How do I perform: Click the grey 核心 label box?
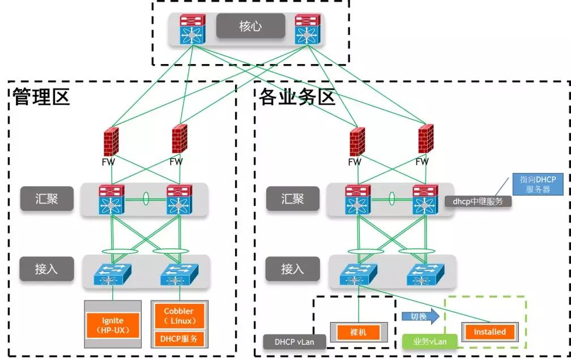coord(250,26)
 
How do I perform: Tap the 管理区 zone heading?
coord(41,97)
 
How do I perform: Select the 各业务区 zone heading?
coord(297,97)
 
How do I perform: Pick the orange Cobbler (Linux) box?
coord(179,316)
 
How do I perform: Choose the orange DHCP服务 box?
coord(179,339)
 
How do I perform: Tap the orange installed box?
coord(489,332)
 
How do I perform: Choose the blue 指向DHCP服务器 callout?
coord(538,185)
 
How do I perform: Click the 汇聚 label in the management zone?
coord(47,199)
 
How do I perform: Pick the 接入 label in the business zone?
coord(292,269)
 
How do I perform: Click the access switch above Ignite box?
coord(113,274)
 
